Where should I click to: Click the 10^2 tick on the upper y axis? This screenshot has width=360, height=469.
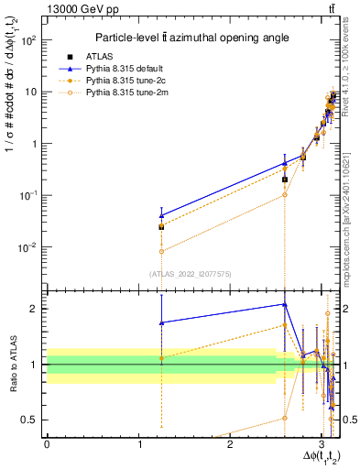pyautogui.click(x=32, y=40)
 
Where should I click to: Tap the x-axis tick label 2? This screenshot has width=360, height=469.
pyautogui.click(x=229, y=444)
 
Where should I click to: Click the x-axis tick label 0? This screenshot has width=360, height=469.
pyautogui.click(x=47, y=444)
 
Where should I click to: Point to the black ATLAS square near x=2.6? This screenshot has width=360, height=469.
pyautogui.click(x=285, y=180)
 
